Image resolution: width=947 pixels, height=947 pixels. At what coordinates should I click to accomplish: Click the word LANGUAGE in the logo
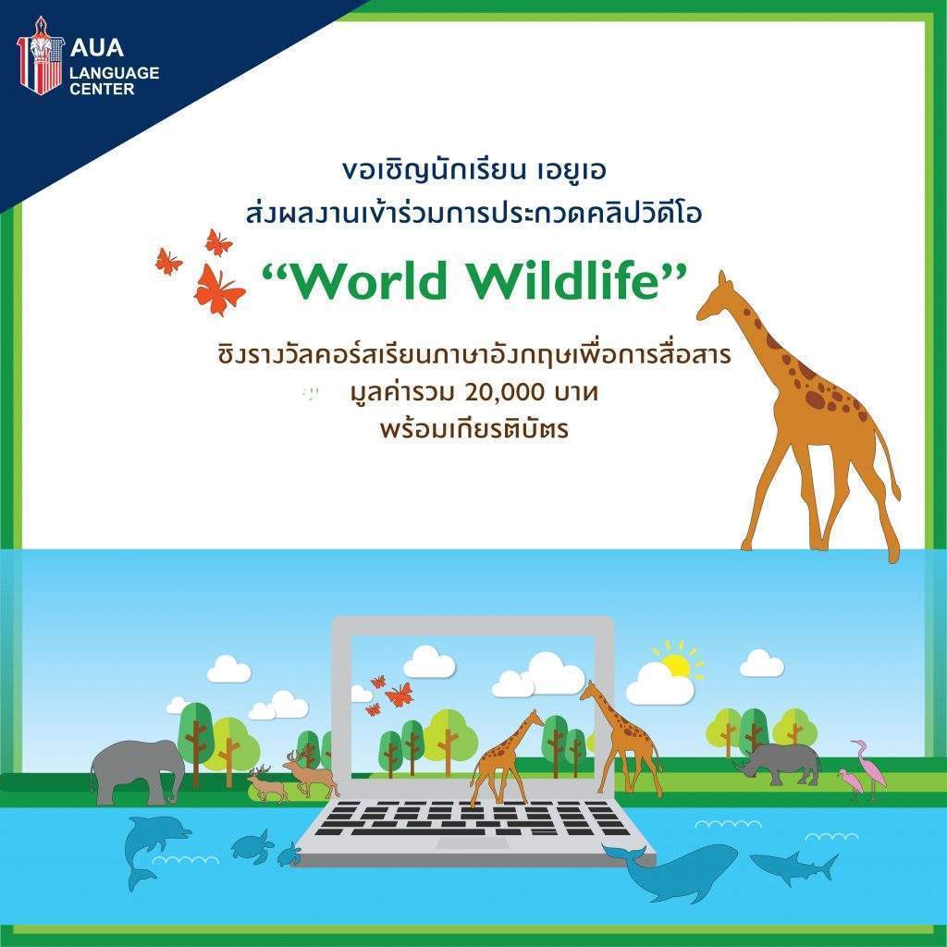pos(114,73)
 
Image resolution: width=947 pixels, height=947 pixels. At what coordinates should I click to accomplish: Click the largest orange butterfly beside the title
pos(218,289)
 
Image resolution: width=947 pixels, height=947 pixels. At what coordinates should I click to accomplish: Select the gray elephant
pos(138,772)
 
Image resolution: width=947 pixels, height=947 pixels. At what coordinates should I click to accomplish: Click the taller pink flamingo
pos(869,769)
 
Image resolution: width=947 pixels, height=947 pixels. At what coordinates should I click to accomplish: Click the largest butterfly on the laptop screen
pos(400,695)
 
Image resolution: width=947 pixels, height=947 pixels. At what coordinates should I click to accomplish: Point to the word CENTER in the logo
pos(102,89)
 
